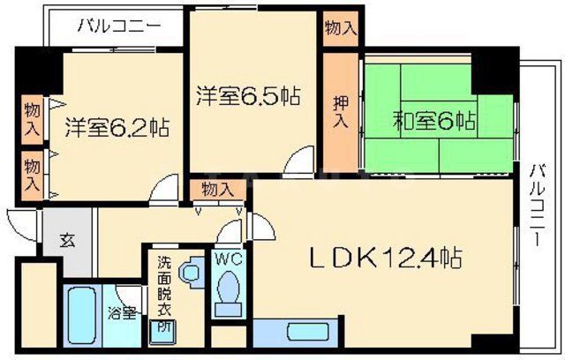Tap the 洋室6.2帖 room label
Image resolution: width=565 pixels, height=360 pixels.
[117, 127]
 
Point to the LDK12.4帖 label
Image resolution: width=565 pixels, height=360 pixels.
[386, 259]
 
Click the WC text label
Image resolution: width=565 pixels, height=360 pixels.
[228, 260]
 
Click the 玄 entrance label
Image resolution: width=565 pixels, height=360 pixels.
[66, 239]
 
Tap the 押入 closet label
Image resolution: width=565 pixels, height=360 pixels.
[338, 109]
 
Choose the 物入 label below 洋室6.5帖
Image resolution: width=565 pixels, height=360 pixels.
[217, 189]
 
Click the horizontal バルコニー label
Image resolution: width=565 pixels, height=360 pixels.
[118, 26]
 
